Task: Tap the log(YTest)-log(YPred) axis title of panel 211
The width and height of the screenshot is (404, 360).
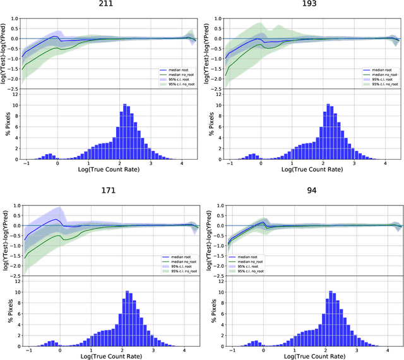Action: (x=6, y=49)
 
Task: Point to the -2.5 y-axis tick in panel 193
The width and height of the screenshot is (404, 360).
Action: (x=215, y=89)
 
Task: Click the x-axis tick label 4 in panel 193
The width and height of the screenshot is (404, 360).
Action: (x=386, y=164)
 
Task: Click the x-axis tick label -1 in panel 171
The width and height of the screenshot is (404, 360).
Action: (x=27, y=350)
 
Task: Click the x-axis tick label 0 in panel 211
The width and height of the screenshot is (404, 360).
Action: (x=58, y=164)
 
